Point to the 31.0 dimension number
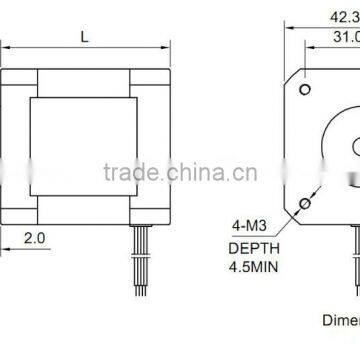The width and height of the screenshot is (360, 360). [x=346, y=37]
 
